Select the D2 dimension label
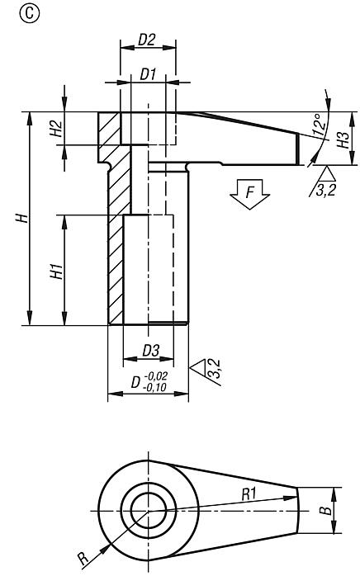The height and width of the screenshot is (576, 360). (147, 39)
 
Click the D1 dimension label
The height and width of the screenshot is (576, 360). (148, 74)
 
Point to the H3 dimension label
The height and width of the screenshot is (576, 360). (344, 138)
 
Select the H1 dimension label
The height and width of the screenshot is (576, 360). (56, 270)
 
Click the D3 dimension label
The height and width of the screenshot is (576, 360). (149, 351)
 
